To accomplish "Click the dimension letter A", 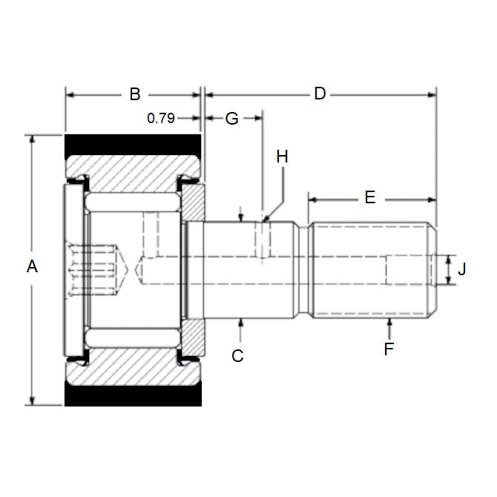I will click(x=32, y=266).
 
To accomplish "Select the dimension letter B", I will click(x=135, y=94).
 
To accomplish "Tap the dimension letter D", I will click(x=320, y=94).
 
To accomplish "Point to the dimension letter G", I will click(x=232, y=118).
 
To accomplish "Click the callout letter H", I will click(x=282, y=157).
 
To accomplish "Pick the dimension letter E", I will click(x=370, y=197).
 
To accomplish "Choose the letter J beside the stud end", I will click(x=462, y=269).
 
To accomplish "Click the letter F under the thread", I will click(x=389, y=349).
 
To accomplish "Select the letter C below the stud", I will click(x=237, y=355).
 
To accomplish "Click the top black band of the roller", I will click(x=134, y=145).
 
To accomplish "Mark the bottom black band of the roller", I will click(x=134, y=395).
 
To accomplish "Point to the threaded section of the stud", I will click(x=371, y=269).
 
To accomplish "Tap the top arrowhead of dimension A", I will click(x=32, y=139).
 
